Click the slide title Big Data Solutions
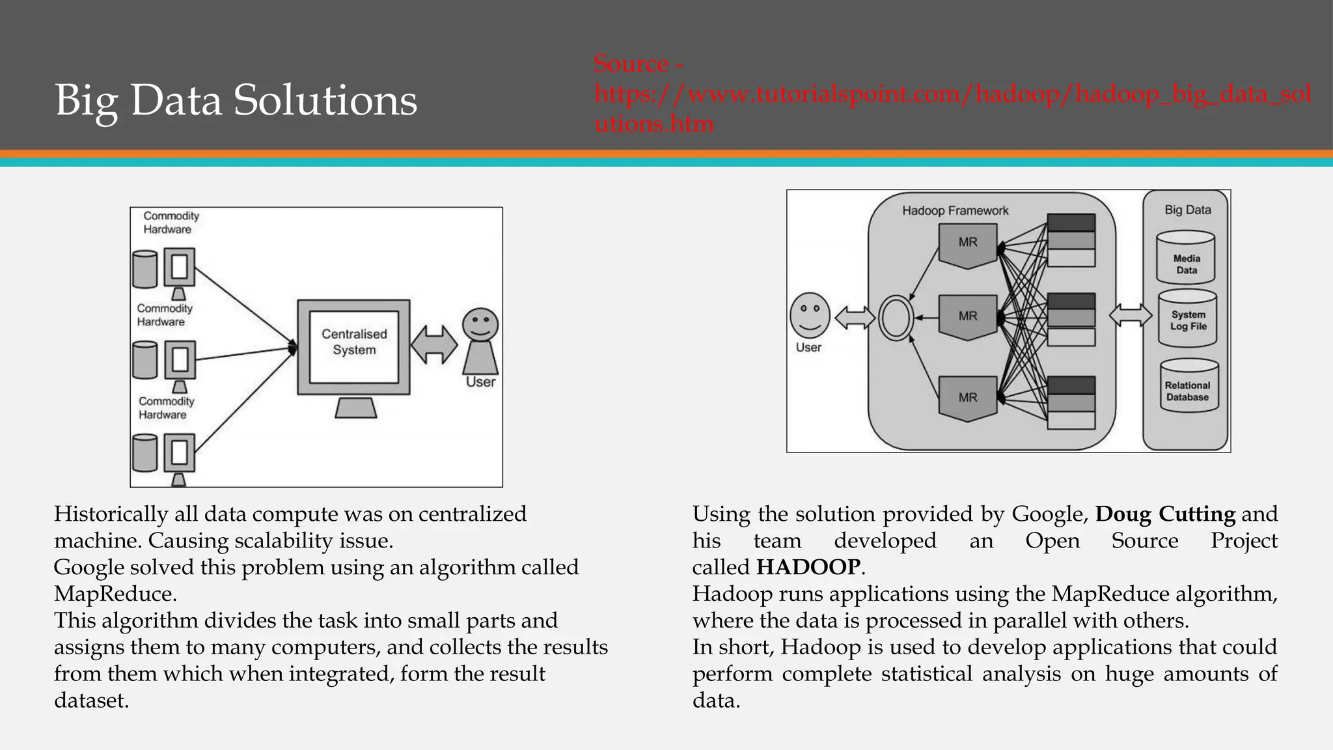coord(236,100)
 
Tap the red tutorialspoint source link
coord(952,94)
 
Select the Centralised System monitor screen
coord(353,346)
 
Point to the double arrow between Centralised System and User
coord(434,344)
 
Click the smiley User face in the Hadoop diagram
coord(810,315)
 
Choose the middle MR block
coord(968,317)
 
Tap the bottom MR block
coord(968,397)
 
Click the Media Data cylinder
coord(1187,260)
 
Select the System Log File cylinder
coord(1188,319)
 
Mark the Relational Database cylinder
coord(1187,388)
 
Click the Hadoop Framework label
coord(955,211)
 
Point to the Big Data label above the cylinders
coord(1188,210)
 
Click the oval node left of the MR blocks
coord(895,318)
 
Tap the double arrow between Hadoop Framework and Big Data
coord(1131,316)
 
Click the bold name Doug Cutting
coord(1165,514)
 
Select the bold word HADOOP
coord(808,567)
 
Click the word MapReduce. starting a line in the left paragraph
coord(115,594)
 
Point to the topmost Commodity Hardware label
coord(171,223)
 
